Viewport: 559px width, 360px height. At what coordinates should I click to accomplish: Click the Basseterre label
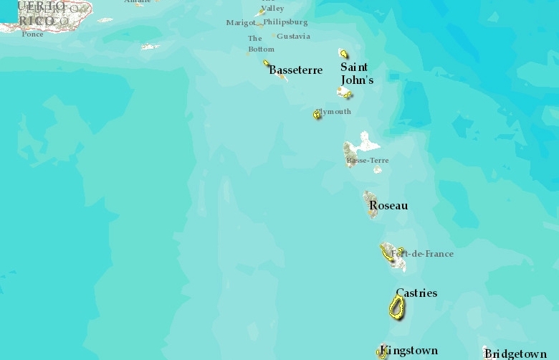(x=295, y=70)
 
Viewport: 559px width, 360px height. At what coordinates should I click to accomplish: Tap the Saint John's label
(x=356, y=74)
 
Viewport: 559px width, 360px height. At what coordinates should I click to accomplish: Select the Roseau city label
(x=388, y=206)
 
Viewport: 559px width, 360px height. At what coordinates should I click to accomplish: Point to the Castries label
(x=416, y=293)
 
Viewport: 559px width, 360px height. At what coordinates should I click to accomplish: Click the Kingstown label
(x=409, y=351)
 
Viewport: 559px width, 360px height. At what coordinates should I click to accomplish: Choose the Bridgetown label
(x=515, y=354)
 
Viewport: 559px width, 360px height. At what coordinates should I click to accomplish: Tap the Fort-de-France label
(x=423, y=254)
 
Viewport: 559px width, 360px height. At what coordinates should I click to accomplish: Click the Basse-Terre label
(x=368, y=161)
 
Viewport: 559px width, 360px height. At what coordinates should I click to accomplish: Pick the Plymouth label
(x=335, y=112)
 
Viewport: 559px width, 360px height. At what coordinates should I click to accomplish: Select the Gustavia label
(x=293, y=37)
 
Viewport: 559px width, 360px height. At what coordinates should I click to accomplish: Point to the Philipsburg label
(x=285, y=22)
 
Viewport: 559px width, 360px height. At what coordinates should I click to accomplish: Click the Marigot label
(x=241, y=23)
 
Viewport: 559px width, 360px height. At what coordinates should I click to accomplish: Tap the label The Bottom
(x=261, y=44)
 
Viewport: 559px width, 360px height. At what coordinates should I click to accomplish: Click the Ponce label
(x=32, y=34)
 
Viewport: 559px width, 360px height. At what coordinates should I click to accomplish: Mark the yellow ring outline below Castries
(x=396, y=307)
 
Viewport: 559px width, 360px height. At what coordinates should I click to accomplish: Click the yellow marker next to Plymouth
(x=317, y=114)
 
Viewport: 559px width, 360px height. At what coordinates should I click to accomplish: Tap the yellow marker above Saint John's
(x=344, y=54)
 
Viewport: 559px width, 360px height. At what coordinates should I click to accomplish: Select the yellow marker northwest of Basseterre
(x=267, y=63)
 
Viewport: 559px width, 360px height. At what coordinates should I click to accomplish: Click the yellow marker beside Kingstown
(x=382, y=352)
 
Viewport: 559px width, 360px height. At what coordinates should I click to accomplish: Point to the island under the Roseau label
(x=370, y=201)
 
